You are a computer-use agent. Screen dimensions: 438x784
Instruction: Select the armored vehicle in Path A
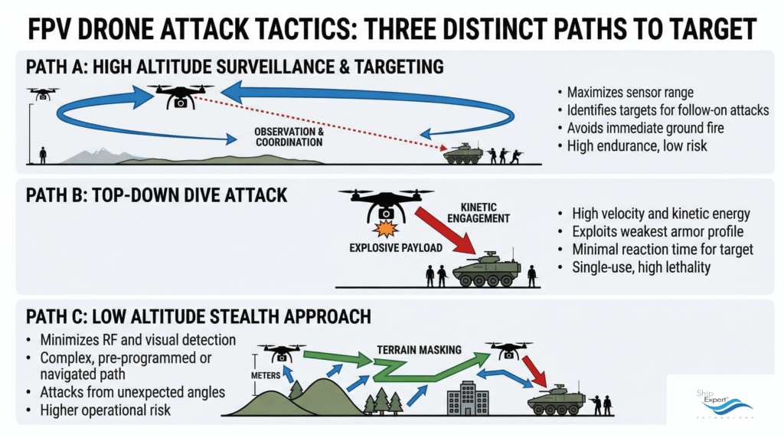tap(464, 153)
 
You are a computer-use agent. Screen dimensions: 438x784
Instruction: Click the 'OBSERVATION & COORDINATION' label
tap(289, 137)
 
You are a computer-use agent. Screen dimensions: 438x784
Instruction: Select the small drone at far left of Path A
tap(41, 93)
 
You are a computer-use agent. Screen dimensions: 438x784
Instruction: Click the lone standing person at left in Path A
tap(43, 155)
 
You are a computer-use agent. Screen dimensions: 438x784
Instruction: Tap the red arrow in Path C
tap(534, 371)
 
